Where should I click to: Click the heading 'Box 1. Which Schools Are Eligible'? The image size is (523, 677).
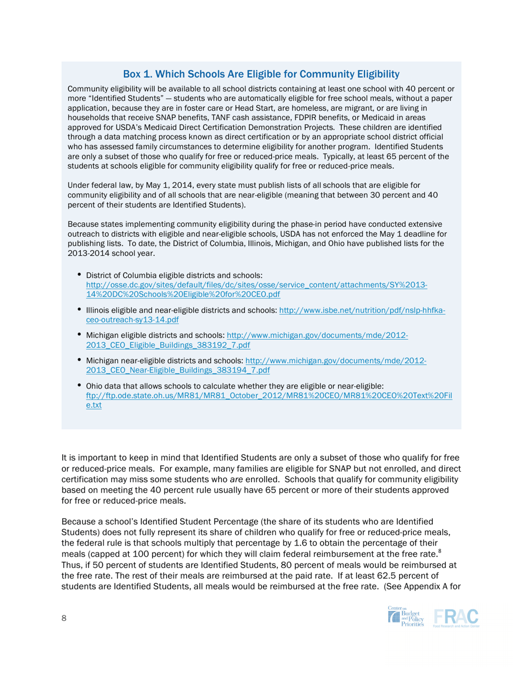point(261,74)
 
